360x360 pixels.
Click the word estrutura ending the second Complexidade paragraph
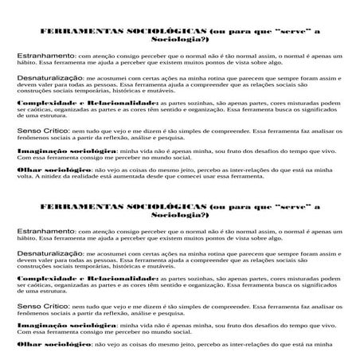click(x=41, y=292)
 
